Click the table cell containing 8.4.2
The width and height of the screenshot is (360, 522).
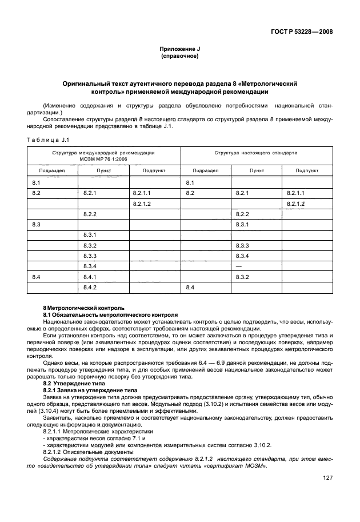click(x=90, y=286)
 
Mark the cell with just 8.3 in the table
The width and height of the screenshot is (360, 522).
click(x=37, y=224)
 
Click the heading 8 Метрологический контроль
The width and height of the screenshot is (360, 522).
click(x=83, y=308)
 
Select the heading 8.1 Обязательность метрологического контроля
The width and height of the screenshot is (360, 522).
click(x=110, y=314)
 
